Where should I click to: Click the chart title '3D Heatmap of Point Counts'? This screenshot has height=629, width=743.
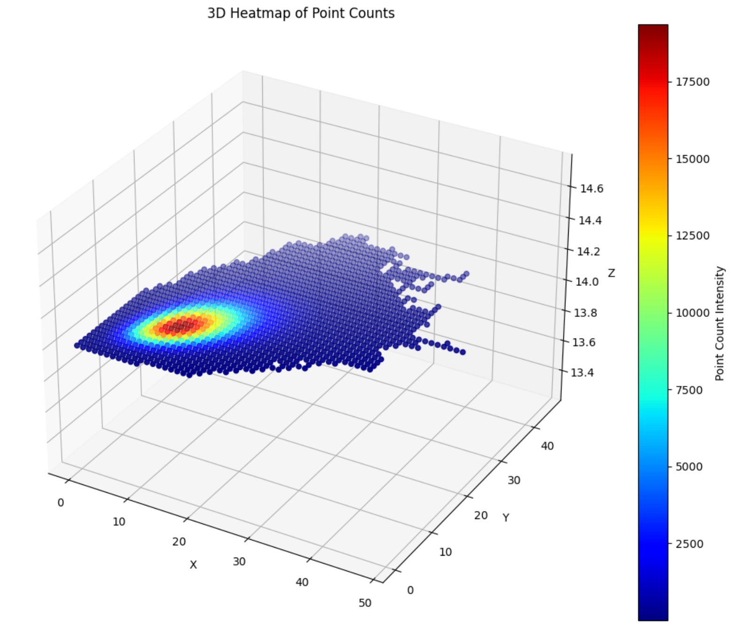pyautogui.click(x=301, y=13)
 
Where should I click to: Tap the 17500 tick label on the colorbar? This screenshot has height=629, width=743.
pyautogui.click(x=693, y=82)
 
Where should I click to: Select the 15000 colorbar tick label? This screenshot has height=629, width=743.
pyautogui.click(x=693, y=159)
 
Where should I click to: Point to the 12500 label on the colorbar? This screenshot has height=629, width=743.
pyautogui.click(x=693, y=236)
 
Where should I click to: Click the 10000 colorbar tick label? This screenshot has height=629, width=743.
pyautogui.click(x=693, y=313)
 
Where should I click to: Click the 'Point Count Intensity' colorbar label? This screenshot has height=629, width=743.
pyautogui.click(x=720, y=323)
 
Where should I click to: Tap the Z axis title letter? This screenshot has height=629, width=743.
pyautogui.click(x=611, y=273)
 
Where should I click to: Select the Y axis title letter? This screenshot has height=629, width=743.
pyautogui.click(x=506, y=518)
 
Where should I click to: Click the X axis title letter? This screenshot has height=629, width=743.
pyautogui.click(x=193, y=565)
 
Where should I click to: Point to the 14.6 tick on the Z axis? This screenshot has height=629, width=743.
pyautogui.click(x=592, y=189)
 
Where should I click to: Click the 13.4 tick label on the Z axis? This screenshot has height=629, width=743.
pyautogui.click(x=582, y=373)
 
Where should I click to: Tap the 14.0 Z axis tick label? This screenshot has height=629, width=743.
pyautogui.click(x=587, y=282)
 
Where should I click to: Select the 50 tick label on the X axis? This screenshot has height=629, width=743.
pyautogui.click(x=365, y=603)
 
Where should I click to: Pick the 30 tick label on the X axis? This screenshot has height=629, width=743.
pyautogui.click(x=239, y=561)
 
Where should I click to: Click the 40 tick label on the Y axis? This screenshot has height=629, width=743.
pyautogui.click(x=547, y=446)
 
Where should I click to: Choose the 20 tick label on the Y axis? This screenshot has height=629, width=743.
pyautogui.click(x=481, y=515)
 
